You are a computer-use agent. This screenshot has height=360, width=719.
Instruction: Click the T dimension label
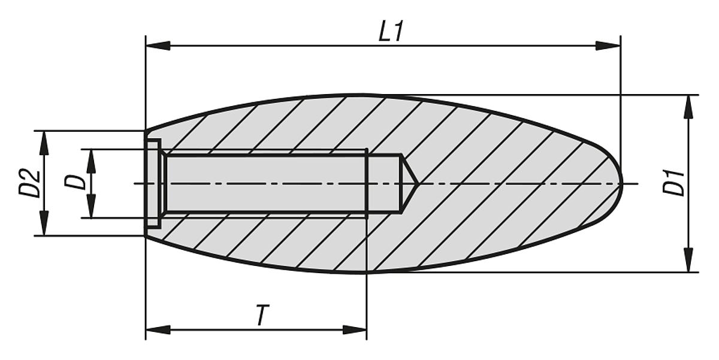pos(261,316)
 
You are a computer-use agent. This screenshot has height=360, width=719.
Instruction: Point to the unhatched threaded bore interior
pos(264,183)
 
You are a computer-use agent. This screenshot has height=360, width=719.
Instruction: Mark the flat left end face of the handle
pos(146,183)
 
